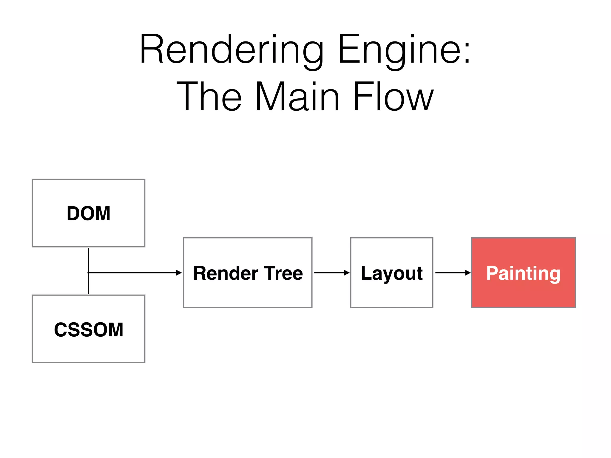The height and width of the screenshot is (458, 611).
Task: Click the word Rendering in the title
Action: [231, 49]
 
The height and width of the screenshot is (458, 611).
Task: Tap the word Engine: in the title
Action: [404, 49]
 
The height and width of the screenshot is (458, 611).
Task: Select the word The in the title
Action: [209, 97]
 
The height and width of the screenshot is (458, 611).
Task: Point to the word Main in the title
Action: [297, 97]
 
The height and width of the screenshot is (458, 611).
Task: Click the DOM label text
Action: [89, 213]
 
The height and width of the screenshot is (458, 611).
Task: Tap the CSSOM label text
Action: [89, 329]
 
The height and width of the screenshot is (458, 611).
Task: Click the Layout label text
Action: [392, 273]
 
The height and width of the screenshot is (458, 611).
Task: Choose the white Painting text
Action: [523, 273]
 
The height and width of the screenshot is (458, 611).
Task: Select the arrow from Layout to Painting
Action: [452, 273]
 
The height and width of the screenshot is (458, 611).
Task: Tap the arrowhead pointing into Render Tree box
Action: [179, 273]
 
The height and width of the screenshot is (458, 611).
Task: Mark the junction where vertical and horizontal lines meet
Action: [89, 273]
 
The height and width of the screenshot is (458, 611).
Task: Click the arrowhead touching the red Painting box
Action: [468, 273]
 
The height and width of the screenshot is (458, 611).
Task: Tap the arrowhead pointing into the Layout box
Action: [347, 273]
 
